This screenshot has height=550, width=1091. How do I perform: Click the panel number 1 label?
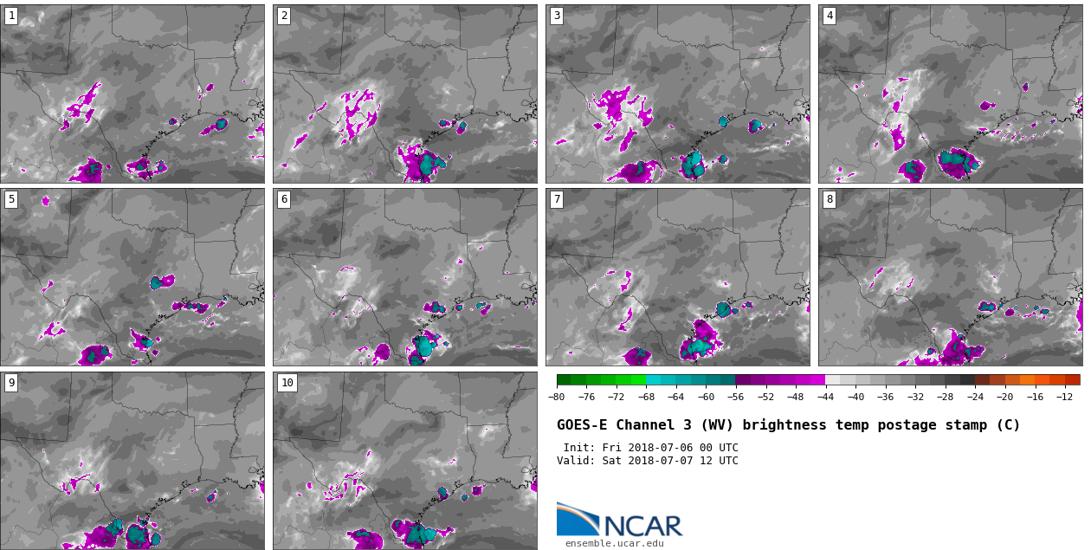click(x=11, y=16)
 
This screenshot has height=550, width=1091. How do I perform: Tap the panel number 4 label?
click(x=830, y=16)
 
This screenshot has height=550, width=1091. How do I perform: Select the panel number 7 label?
click(x=557, y=199)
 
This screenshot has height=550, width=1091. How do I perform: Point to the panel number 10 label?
click(x=287, y=383)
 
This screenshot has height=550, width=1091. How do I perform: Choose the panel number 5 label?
click(x=11, y=199)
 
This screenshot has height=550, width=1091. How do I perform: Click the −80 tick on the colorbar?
click(x=557, y=397)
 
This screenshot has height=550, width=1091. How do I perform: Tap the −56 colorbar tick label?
click(x=735, y=397)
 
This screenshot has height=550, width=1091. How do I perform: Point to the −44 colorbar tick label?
click(x=825, y=397)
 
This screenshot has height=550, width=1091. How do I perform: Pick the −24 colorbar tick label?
click(x=975, y=397)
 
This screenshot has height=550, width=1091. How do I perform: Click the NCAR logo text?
click(x=642, y=525)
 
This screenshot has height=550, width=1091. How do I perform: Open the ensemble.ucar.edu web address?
click(x=614, y=544)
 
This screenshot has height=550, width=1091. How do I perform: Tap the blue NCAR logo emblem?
click(x=577, y=520)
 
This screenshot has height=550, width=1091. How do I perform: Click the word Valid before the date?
click(x=574, y=461)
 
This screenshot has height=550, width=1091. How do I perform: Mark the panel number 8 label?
click(x=830, y=199)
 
